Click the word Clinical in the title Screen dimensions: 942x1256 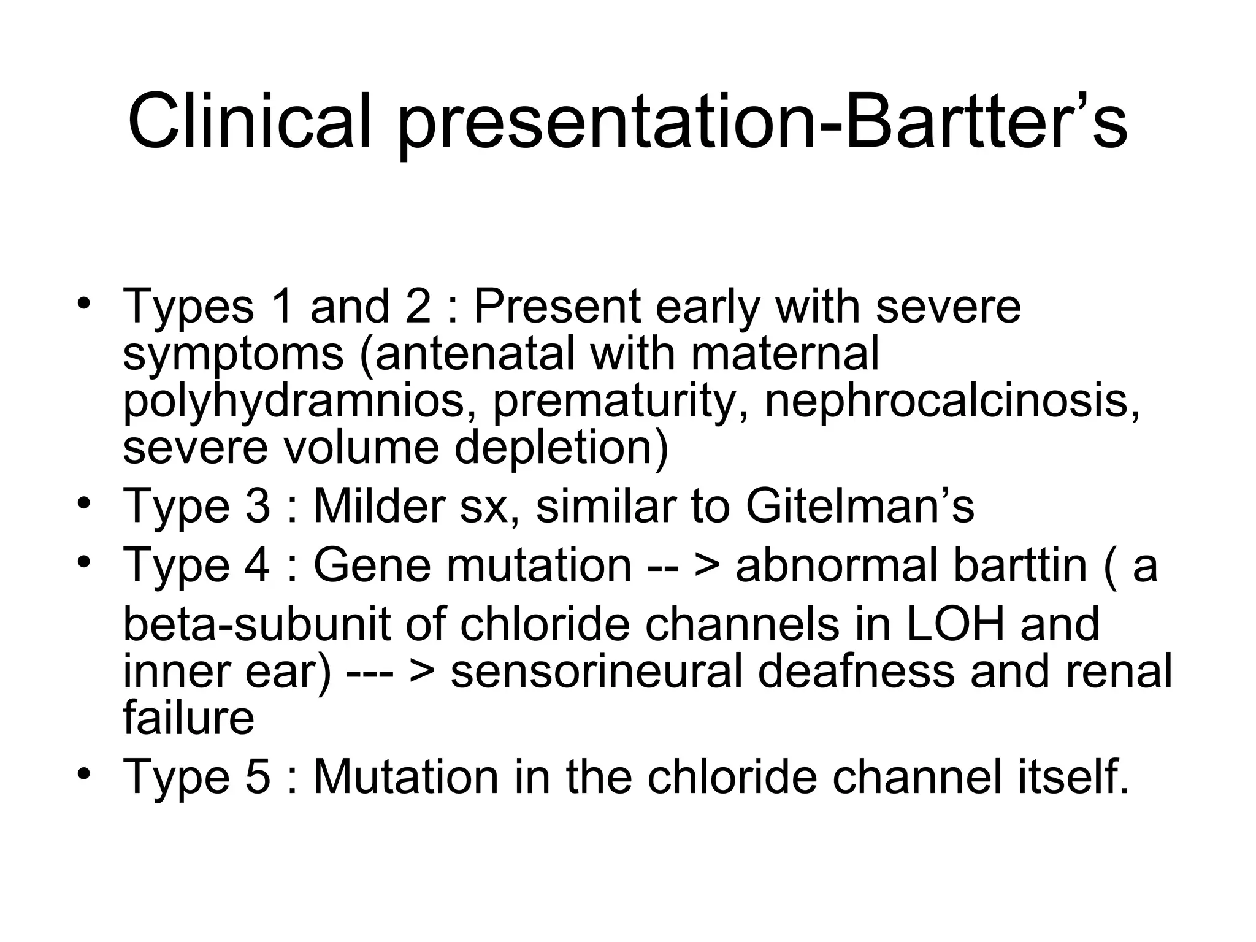tap(249, 121)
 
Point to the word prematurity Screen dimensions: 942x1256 tap(620, 402)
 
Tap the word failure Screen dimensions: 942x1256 tap(188, 718)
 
